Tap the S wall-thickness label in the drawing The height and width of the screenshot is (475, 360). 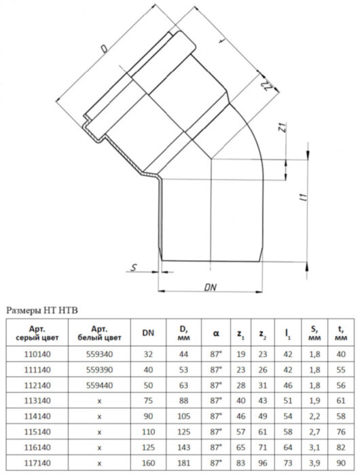click(134, 267)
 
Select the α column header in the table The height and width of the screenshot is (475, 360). click(215, 332)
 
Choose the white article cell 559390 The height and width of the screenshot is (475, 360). click(101, 370)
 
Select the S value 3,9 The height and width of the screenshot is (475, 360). click(314, 464)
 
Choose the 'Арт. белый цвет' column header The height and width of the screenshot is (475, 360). click(101, 332)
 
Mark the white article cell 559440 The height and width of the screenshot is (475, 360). click(101, 385)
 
